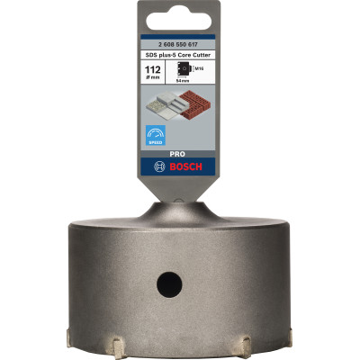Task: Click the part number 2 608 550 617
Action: tap(179, 41)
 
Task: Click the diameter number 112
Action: tap(152, 67)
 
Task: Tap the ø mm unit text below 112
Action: tap(152, 77)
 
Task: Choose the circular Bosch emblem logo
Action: tap(159, 167)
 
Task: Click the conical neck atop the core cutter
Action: tap(179, 213)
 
